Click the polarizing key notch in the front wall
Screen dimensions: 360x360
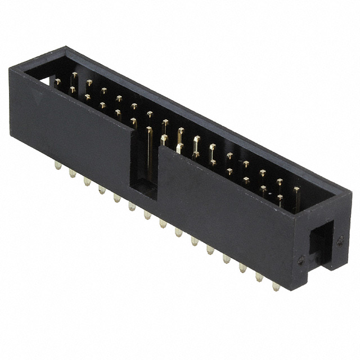[x=145, y=169]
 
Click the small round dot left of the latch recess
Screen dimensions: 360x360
[x=301, y=260]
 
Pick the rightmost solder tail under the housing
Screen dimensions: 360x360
[x=276, y=286]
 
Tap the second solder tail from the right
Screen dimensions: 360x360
[x=259, y=277]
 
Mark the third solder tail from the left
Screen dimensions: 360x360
[x=87, y=181]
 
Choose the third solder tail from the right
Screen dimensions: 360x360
[x=243, y=268]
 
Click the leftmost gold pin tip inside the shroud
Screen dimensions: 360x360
[x=57, y=82]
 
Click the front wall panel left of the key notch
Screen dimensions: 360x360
[x=73, y=129]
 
